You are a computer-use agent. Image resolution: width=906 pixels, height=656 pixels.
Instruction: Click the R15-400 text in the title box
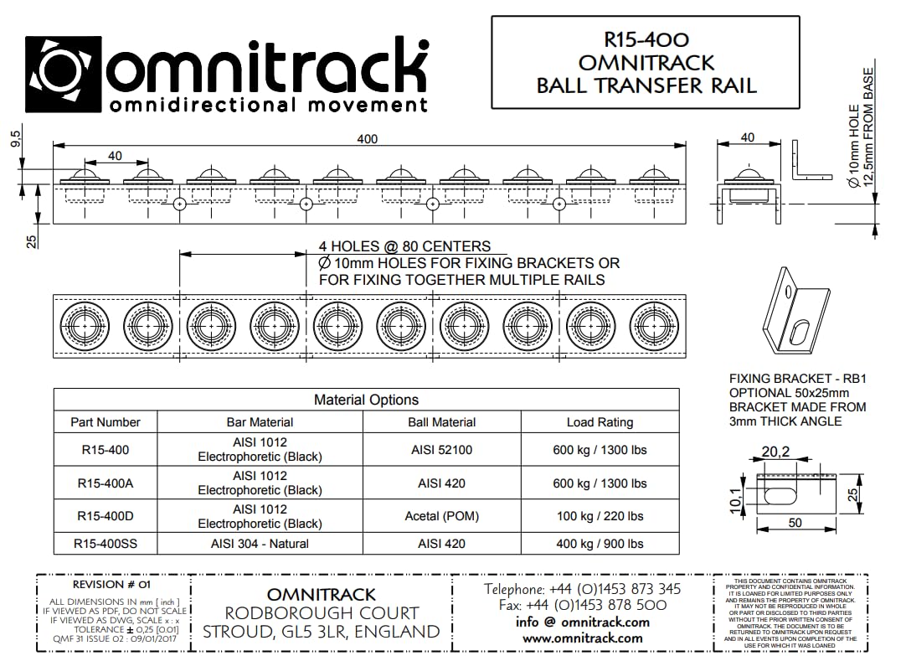pyautogui.click(x=646, y=39)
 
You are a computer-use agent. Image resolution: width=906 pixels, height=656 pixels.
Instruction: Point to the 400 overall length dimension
pyautogui.click(x=367, y=138)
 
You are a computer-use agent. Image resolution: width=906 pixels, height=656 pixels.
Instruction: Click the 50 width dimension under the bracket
pyautogui.click(x=795, y=523)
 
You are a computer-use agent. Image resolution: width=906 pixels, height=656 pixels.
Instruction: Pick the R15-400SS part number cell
pyautogui.click(x=106, y=544)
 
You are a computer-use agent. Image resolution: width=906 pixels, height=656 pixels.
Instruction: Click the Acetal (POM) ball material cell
pyautogui.click(x=441, y=516)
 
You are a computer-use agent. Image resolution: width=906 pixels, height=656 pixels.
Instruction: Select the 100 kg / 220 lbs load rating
pyautogui.click(x=600, y=516)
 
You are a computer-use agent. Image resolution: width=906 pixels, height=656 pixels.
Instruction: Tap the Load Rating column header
pyautogui.click(x=600, y=422)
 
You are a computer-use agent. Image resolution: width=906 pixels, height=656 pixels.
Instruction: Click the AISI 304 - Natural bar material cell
pyautogui.click(x=260, y=544)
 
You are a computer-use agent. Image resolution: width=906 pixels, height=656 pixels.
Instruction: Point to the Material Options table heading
pyautogui.click(x=366, y=400)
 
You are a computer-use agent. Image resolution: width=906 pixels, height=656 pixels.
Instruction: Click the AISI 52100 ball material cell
pyautogui.click(x=441, y=450)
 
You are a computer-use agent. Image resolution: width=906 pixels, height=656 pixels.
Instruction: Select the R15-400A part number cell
pyautogui.click(x=106, y=483)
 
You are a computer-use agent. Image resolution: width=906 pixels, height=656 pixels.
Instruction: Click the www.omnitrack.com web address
pyautogui.click(x=584, y=638)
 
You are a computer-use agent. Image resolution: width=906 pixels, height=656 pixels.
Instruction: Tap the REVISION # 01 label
pyautogui.click(x=112, y=585)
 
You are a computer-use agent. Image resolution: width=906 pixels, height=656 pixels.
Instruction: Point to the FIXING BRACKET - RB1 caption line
pyautogui.click(x=796, y=379)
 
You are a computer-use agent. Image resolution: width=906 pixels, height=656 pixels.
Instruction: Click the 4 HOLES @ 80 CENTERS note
pyautogui.click(x=404, y=246)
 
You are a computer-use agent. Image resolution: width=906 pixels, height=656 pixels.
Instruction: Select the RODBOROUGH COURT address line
pyautogui.click(x=321, y=612)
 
